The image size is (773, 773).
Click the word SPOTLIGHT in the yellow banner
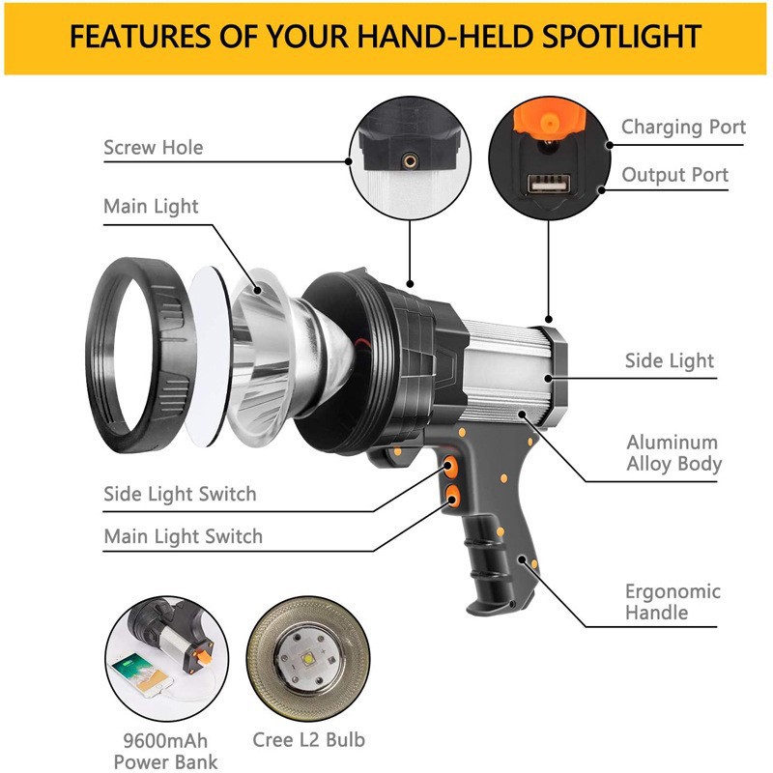pyautogui.click(x=621, y=37)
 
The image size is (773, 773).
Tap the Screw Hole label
pyautogui.click(x=154, y=148)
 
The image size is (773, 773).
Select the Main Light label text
pyautogui.click(x=151, y=207)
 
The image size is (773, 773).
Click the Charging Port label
pyautogui.click(x=683, y=127)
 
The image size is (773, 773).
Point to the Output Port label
pyautogui.click(x=674, y=175)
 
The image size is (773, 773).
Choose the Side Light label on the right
pyautogui.click(x=669, y=360)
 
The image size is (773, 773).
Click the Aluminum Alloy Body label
pyautogui.click(x=673, y=452)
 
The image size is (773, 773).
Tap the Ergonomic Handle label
pyautogui.click(x=673, y=601)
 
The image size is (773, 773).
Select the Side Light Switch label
pyautogui.click(x=180, y=494)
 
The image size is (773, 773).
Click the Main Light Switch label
pyautogui.click(x=183, y=536)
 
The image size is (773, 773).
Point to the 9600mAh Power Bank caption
pyautogui.click(x=165, y=751)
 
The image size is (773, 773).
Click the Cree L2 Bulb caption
pyautogui.click(x=308, y=739)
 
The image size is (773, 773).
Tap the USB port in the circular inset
pyautogui.click(x=549, y=184)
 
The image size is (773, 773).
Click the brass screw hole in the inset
pyautogui.click(x=410, y=160)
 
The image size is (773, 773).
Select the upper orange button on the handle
pyautogui.click(x=449, y=466)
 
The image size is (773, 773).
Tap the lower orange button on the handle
pyautogui.click(x=452, y=496)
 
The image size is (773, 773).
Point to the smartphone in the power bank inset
pyautogui.click(x=142, y=673)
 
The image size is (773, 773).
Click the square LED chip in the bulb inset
pyautogui.click(x=309, y=658)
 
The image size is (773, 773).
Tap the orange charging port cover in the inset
pyautogui.click(x=550, y=118)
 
